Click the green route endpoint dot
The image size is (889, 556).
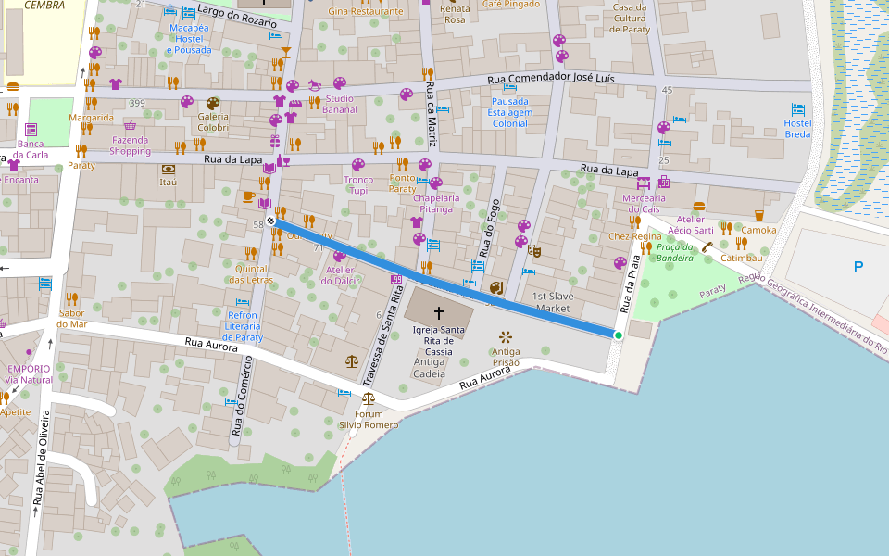[x=618, y=335]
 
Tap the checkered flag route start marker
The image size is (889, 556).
[x=270, y=221]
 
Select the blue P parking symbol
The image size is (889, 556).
[x=858, y=268]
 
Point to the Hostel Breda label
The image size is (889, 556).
[x=797, y=129]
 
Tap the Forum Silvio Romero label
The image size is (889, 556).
[x=368, y=419]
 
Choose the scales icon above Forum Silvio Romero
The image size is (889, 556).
[x=369, y=399]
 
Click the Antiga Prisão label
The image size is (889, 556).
[x=506, y=358]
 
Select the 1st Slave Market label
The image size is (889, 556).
[x=553, y=302]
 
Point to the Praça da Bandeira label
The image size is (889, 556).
[x=674, y=252]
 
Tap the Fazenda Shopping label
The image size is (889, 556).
[x=130, y=145]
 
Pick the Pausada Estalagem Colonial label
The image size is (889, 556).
[x=510, y=112]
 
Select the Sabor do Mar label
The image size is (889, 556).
[x=71, y=319]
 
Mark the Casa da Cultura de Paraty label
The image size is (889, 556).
[x=630, y=18]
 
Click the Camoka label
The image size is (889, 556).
[x=759, y=230]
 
